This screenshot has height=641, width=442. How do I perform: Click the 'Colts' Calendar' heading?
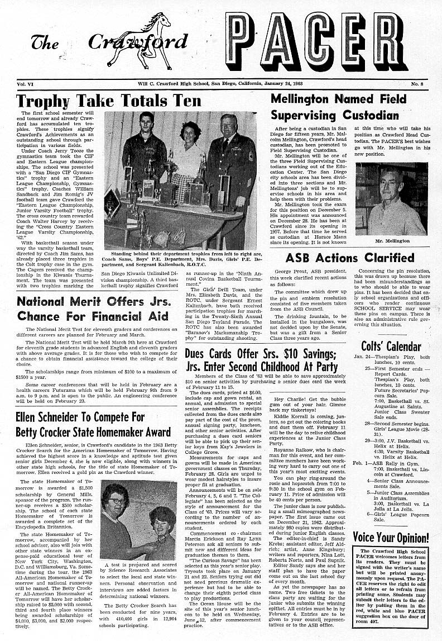tap(391, 346)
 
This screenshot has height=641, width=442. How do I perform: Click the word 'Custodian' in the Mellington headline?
tap(371, 115)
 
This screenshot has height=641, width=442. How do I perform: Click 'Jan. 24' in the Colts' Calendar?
tap(362, 357)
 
